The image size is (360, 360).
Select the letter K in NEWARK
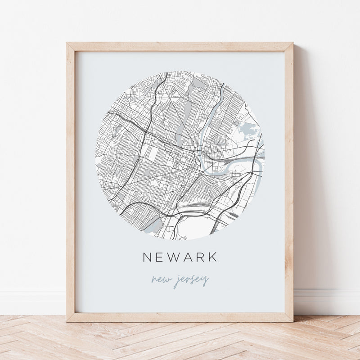[213, 257]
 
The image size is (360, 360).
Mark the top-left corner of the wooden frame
[67, 43]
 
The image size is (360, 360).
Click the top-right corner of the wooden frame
[293, 43]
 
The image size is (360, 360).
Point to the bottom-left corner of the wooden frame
[67, 321]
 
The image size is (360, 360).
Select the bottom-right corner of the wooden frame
[293, 321]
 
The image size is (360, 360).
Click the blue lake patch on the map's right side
[248, 131]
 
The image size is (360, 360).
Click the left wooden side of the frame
[71, 180]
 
